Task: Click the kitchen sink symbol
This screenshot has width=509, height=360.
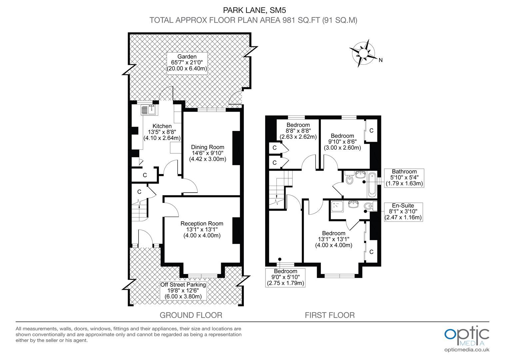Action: (149, 110)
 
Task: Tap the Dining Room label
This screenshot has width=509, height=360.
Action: (208, 153)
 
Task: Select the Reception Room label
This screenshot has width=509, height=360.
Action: (202, 229)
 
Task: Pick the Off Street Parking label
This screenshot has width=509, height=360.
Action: (183, 291)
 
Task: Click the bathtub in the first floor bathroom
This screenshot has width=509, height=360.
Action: (372, 184)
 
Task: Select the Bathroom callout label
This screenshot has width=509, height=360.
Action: (404, 178)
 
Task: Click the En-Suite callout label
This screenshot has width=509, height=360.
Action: (403, 212)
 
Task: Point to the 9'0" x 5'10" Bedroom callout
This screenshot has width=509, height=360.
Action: (285, 277)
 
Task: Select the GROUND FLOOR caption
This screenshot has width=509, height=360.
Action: (191, 315)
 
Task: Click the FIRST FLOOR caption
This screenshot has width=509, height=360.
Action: (330, 315)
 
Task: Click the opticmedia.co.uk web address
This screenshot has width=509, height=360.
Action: (467, 350)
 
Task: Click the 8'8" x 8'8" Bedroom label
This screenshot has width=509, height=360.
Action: (298, 131)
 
